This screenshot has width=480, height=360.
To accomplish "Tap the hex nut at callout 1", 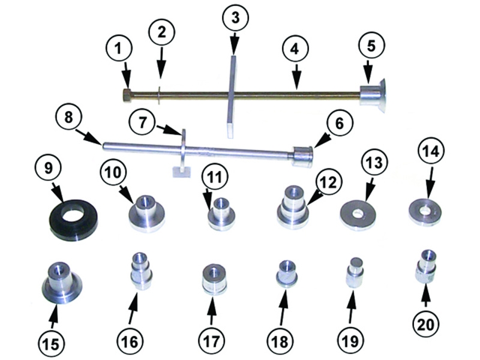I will [127, 94].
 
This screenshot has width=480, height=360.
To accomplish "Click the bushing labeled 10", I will [147, 214].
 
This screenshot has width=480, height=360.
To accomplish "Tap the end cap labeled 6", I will [302, 157].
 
